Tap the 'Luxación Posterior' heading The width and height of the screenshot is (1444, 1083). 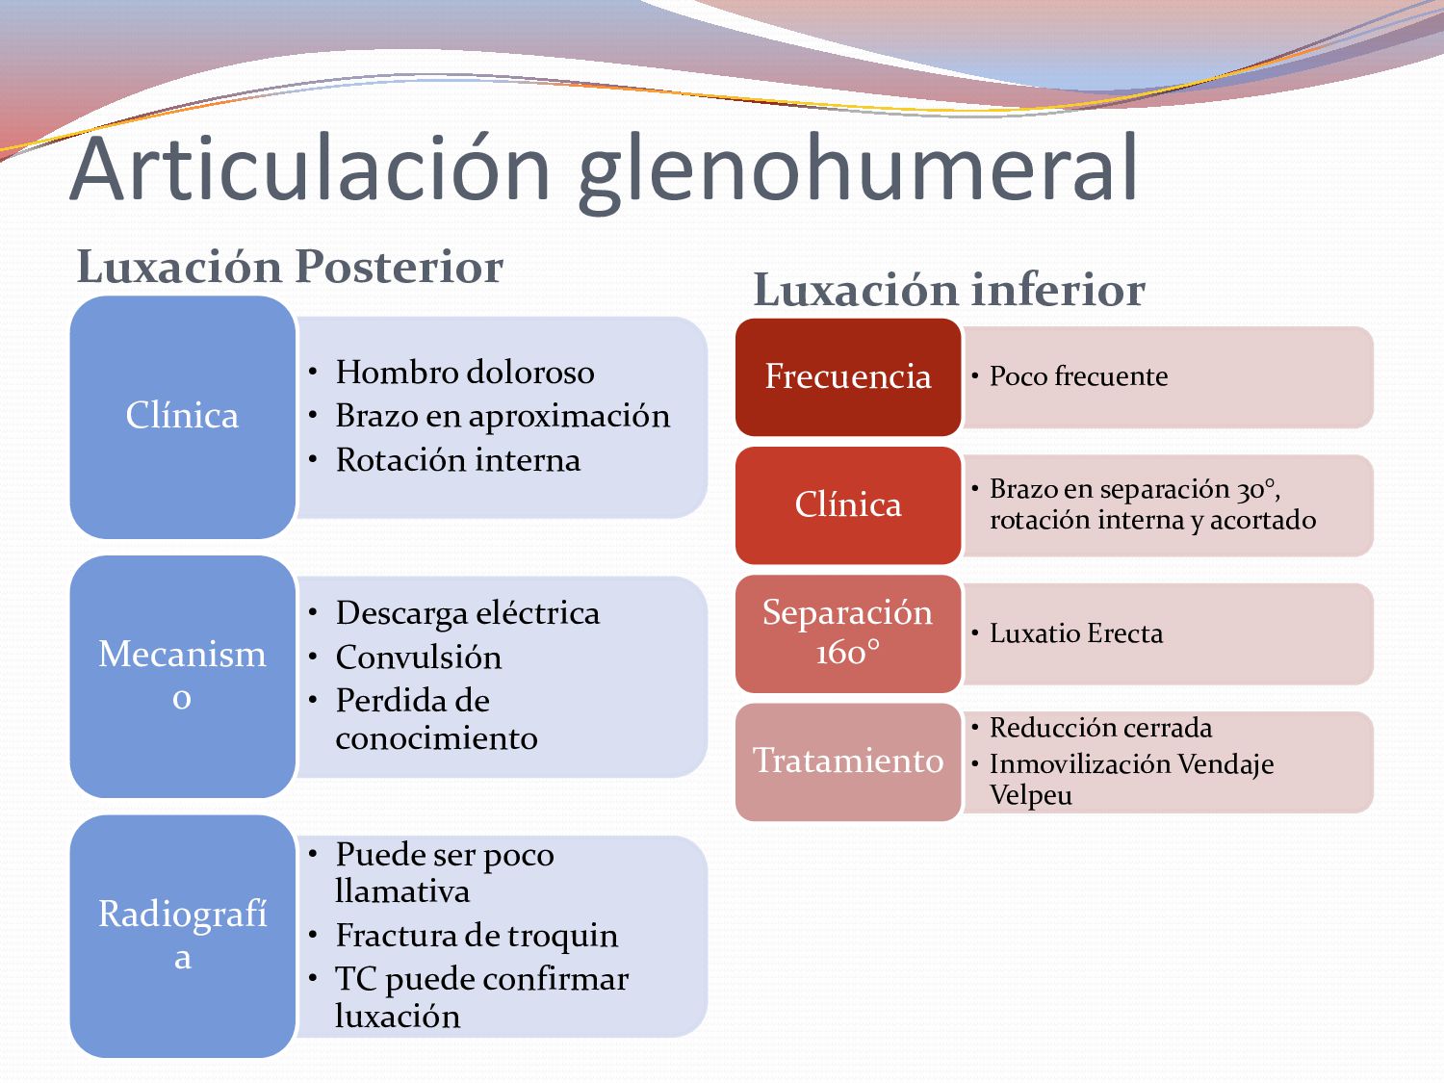pos(290,267)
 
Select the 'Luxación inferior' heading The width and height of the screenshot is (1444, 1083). pos(949,290)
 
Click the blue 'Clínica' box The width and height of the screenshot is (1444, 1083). pos(182,416)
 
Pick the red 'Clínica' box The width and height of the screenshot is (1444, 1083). pos(847,504)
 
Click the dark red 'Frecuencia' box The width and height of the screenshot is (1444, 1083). pos(847,376)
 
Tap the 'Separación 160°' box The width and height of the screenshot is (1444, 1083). pos(847,632)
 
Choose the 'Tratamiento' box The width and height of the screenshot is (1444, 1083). pos(847,761)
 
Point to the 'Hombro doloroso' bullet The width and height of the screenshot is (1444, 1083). pos(464,373)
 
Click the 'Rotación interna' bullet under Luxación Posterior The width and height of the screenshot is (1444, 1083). pos(457,460)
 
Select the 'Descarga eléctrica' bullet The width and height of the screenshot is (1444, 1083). pos(467,613)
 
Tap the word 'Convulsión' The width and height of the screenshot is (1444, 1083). pos(418,658)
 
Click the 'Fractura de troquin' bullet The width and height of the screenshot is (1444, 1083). pos(477,935)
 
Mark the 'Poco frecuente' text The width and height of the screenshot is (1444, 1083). pos(1078,376)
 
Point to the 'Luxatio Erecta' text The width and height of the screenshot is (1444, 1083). pos(1075,633)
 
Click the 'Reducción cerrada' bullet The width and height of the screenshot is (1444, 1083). pos(1100,728)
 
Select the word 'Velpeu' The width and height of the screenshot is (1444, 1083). pos(1030,796)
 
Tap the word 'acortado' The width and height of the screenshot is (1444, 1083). pos(1262,520)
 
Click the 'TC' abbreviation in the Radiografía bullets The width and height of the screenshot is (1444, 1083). pos(355,979)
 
